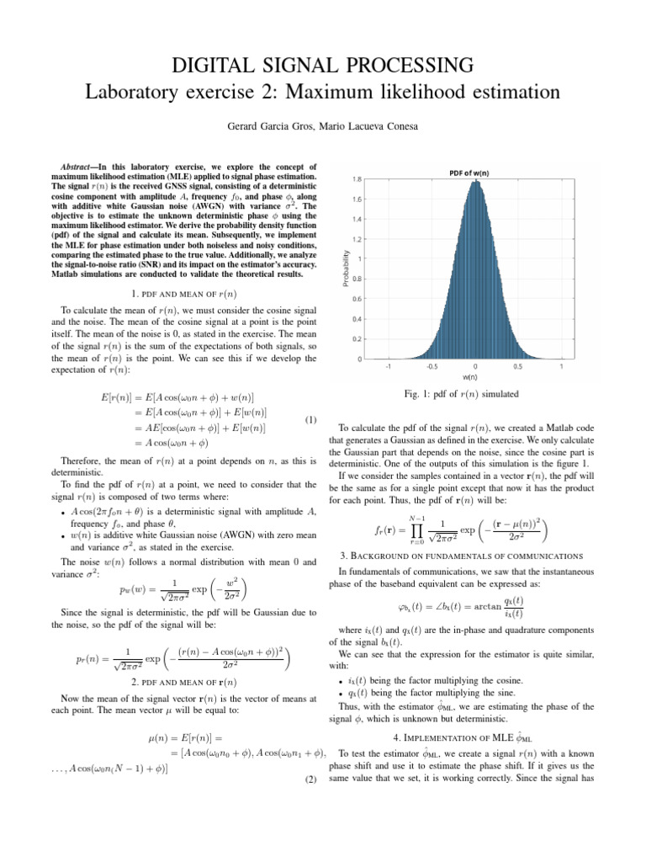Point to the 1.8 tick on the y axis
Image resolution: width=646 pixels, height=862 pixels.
pos(358,179)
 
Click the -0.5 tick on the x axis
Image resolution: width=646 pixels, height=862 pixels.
pos(432,367)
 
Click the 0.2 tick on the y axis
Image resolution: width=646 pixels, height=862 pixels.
pos(358,339)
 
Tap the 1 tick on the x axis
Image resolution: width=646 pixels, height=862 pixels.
pos(561,367)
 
